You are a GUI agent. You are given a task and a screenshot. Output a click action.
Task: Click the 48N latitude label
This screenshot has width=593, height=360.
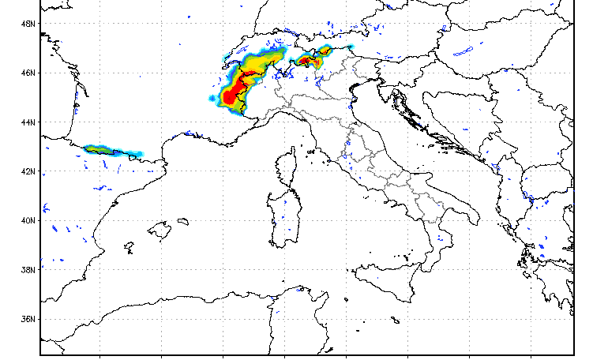pyautogui.click(x=28, y=24)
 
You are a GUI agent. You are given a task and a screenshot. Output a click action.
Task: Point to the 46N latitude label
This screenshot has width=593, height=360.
pyautogui.click(x=28, y=73)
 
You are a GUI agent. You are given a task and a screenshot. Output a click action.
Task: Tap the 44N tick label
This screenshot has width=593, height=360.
pyautogui.click(x=28, y=122)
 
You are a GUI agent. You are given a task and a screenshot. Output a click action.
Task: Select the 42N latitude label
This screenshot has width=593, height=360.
pyautogui.click(x=28, y=171)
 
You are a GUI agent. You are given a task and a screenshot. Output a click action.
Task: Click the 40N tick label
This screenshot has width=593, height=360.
pyautogui.click(x=28, y=220)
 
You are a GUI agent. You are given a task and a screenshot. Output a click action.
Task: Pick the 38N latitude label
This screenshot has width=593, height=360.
pyautogui.click(x=28, y=270)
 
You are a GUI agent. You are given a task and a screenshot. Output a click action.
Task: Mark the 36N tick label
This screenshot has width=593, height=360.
pyautogui.click(x=28, y=319)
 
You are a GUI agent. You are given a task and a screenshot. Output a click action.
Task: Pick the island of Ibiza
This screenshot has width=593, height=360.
pyautogui.click(x=129, y=248)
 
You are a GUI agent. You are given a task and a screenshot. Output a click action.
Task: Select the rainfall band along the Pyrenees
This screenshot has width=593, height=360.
pyautogui.click(x=111, y=150)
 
